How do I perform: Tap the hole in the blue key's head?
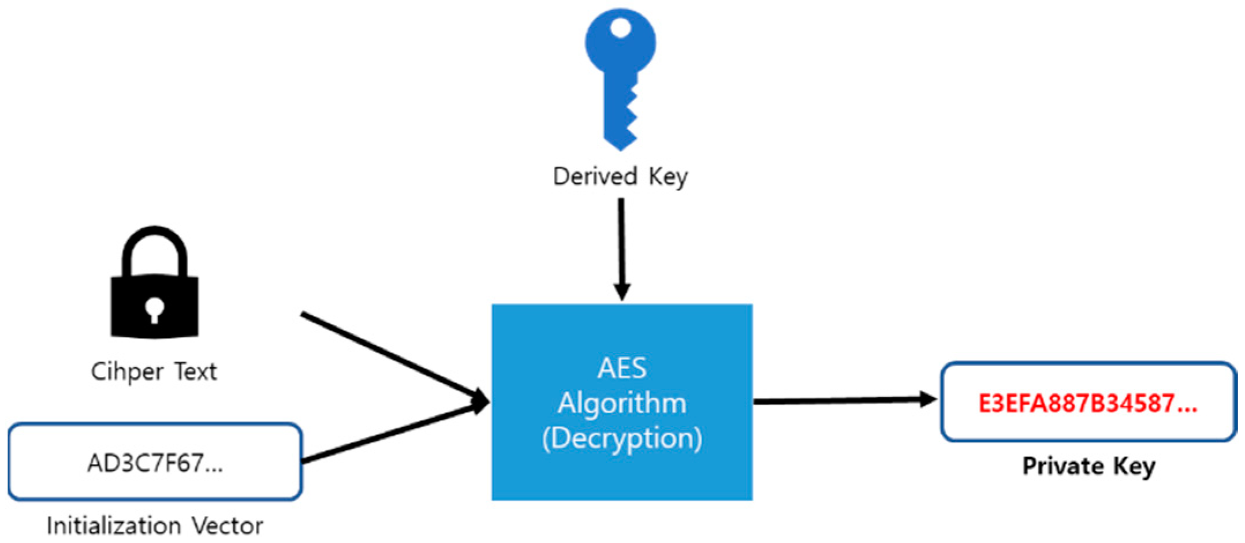point(620,28)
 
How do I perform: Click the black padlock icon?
point(154,289)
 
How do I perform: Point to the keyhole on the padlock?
point(154,309)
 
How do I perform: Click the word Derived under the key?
point(595,176)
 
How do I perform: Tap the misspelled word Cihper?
point(127,371)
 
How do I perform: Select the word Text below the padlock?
point(196,371)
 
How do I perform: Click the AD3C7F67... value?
point(155,463)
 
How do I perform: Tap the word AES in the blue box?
point(621,369)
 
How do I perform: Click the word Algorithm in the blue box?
point(621,403)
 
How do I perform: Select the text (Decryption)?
point(621,438)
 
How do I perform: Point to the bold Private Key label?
point(1089,466)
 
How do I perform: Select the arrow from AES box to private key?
point(843,400)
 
